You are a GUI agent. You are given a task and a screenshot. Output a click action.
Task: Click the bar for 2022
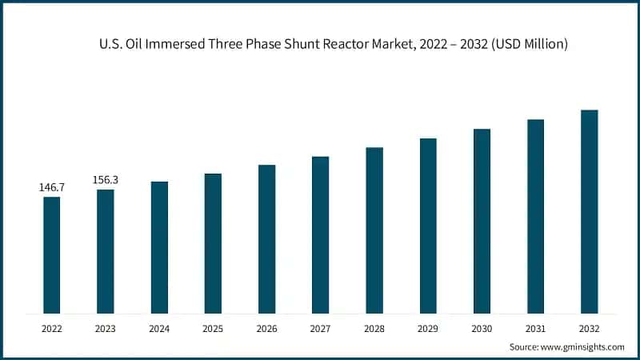click(x=51, y=254)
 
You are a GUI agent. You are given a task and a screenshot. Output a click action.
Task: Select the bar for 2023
click(x=106, y=251)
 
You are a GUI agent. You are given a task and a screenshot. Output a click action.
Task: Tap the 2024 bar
click(x=159, y=247)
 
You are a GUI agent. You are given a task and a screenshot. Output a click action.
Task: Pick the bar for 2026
click(x=266, y=238)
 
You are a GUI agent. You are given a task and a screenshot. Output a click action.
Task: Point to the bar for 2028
click(x=374, y=230)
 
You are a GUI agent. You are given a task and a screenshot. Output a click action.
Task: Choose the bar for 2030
click(x=482, y=221)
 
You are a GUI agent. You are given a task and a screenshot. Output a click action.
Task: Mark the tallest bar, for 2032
click(x=589, y=211)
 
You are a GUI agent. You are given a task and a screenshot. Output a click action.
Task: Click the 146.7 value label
click(x=51, y=187)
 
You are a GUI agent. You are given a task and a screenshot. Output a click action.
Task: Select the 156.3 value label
click(x=106, y=180)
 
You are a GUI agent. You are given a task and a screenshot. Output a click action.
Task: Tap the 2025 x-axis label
click(x=213, y=328)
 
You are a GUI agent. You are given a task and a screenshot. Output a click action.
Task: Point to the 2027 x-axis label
click(x=320, y=328)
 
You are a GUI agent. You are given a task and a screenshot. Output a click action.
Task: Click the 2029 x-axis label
click(x=428, y=328)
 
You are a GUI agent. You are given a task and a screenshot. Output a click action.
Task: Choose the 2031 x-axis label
click(x=535, y=328)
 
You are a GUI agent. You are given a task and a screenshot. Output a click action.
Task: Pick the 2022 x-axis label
click(x=51, y=328)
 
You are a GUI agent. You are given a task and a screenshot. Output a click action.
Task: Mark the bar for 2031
click(x=535, y=216)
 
